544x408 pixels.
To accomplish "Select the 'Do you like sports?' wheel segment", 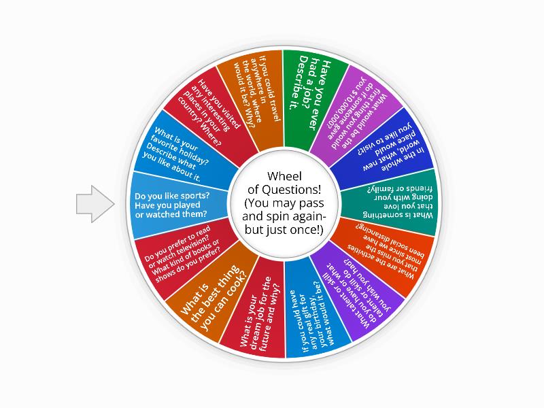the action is [179, 203].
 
